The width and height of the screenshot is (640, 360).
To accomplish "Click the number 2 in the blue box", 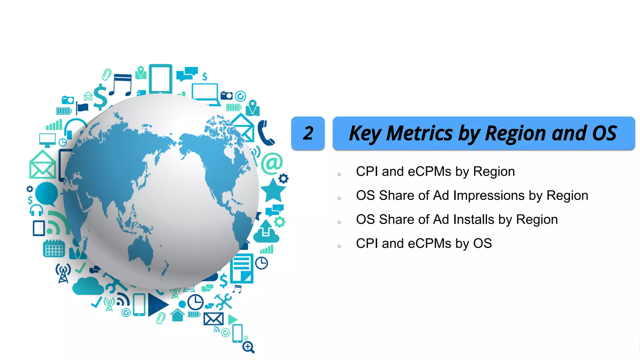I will pyautogui.click(x=308, y=133).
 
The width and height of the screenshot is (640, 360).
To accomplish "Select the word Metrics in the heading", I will pyautogui.click(x=419, y=133).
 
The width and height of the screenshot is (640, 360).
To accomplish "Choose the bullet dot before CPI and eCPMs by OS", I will pyautogui.click(x=339, y=246).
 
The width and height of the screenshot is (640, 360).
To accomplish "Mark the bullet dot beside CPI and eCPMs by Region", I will pyautogui.click(x=339, y=174).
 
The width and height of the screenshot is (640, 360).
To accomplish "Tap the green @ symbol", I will pyautogui.click(x=272, y=163).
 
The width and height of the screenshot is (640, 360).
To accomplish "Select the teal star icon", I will pyautogui.click(x=273, y=191).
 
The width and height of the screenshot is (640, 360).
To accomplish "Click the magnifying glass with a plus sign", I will pyautogui.click(x=248, y=347).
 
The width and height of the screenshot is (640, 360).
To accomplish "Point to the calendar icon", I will pyautogui.click(x=54, y=249).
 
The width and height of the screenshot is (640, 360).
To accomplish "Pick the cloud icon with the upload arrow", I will pyautogui.click(x=266, y=232).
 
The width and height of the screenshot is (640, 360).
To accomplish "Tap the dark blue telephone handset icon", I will pyautogui.click(x=265, y=133).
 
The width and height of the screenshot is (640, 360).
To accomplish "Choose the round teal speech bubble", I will pyautogui.click(x=47, y=194).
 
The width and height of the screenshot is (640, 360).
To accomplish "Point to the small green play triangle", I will pyautogui.click(x=232, y=320).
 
